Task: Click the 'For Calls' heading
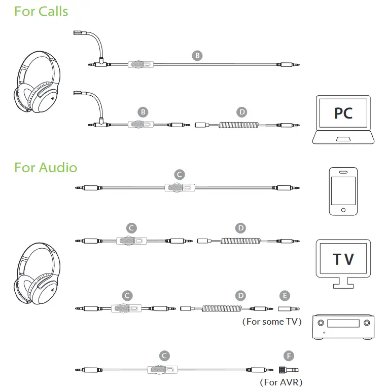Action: (x=41, y=11)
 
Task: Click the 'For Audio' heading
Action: (x=46, y=167)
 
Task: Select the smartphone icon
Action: (x=343, y=191)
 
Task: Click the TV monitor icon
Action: (x=343, y=261)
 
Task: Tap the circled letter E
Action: (x=286, y=295)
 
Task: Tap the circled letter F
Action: (x=290, y=356)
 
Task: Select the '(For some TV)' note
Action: (x=272, y=322)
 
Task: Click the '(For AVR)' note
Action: (x=280, y=382)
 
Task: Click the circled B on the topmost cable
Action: (x=197, y=56)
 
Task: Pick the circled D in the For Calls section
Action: (x=242, y=111)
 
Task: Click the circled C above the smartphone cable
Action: (x=179, y=175)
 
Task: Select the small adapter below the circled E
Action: (x=288, y=308)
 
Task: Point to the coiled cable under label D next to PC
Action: (x=240, y=124)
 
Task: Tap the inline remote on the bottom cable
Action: (x=161, y=370)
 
